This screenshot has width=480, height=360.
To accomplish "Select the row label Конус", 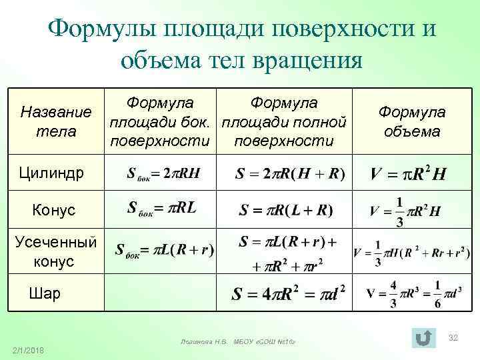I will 54,211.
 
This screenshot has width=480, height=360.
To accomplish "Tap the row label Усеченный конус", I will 55,251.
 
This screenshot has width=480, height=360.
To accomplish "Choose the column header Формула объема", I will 412,122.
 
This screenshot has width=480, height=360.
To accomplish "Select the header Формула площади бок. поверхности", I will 160,121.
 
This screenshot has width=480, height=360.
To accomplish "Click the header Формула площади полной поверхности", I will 284,121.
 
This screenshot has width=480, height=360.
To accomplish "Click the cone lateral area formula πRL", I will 161,209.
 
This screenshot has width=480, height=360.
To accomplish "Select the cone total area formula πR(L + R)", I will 286,211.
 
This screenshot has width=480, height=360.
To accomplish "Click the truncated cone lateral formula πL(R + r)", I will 164,250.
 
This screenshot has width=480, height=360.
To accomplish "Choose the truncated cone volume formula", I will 411,252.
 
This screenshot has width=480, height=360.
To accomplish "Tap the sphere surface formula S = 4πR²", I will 287,293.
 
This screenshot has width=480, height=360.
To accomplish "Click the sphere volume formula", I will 413,294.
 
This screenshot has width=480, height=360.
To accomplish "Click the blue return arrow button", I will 422,337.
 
